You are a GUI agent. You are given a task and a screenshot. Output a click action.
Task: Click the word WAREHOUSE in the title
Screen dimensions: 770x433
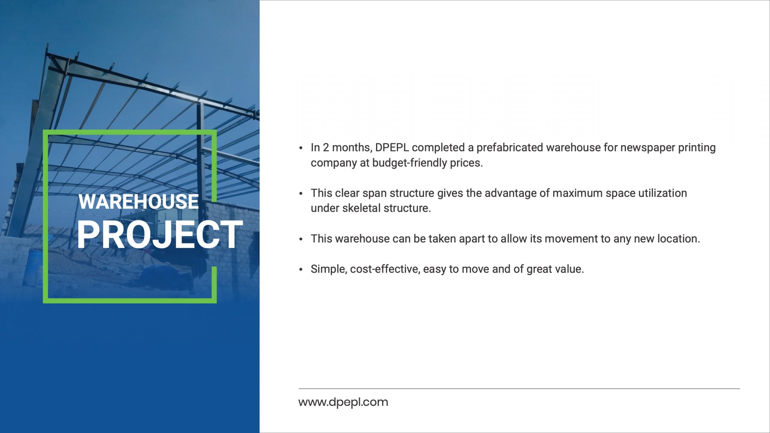[139, 201]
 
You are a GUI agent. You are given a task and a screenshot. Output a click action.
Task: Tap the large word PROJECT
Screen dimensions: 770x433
[160, 235]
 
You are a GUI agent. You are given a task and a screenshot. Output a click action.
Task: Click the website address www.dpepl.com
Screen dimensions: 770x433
[343, 402]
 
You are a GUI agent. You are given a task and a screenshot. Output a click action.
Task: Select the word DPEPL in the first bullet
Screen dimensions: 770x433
[392, 148]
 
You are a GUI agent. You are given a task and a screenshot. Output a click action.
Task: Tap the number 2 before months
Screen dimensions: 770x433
[326, 148]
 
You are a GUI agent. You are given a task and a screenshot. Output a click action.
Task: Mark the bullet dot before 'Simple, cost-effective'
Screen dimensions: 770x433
[301, 270]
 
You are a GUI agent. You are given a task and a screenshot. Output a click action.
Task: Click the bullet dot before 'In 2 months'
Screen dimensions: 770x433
[301, 148]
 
